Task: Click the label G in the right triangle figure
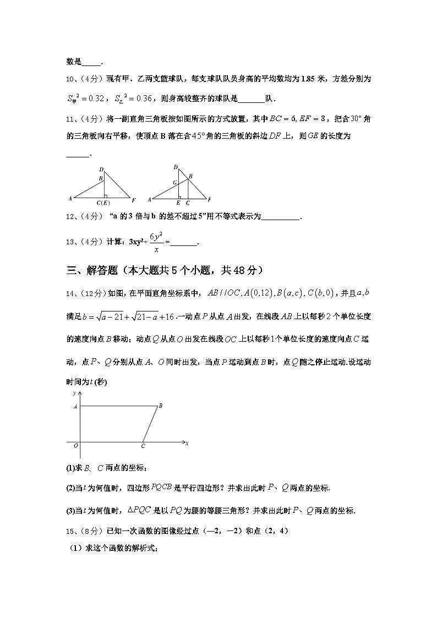pyautogui.click(x=174, y=182)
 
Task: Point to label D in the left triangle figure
pyautogui.click(x=101, y=169)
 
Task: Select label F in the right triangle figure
pyautogui.click(x=210, y=199)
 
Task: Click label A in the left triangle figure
pyautogui.click(x=70, y=198)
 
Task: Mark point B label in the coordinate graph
pyautogui.click(x=160, y=406)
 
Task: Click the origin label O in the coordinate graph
pyautogui.click(x=75, y=446)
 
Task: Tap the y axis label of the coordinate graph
pyautogui.click(x=73, y=393)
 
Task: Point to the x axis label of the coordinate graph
pyautogui.click(x=187, y=443)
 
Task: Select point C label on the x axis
pyautogui.click(x=143, y=446)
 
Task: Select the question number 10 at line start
pyautogui.click(x=70, y=79)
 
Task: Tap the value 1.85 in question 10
pyautogui.click(x=307, y=79)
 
